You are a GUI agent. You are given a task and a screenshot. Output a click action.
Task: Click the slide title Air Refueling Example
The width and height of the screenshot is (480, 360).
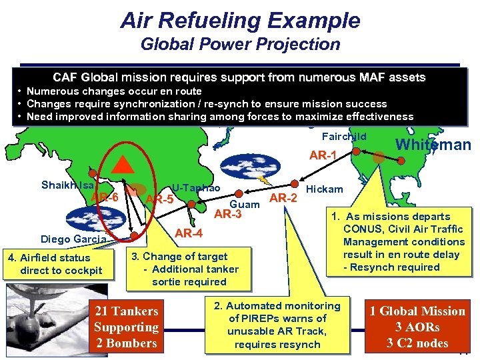tap(240, 20)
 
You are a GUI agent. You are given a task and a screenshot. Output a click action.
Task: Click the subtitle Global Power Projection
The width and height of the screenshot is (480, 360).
tap(240, 45)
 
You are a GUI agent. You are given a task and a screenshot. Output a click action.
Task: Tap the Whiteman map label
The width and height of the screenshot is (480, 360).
tap(433, 145)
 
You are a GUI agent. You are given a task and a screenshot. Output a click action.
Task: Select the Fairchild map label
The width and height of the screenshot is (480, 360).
tap(344, 136)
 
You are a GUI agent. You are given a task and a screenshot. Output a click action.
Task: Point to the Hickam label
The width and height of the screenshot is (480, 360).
tap(324, 189)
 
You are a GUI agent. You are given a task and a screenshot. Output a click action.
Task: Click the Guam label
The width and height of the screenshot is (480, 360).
tap(244, 204)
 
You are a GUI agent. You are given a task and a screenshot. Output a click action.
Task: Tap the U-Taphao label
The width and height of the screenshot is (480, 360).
tap(196, 188)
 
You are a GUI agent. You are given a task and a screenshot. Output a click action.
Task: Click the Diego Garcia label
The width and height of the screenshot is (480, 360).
tap(73, 240)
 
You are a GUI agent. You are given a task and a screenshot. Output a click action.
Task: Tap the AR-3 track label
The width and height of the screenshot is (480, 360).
tap(227, 215)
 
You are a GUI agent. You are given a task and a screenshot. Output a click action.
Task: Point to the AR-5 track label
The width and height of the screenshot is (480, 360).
tap(159, 199)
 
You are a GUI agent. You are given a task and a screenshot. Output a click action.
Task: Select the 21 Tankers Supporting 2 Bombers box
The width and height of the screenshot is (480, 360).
tap(126, 327)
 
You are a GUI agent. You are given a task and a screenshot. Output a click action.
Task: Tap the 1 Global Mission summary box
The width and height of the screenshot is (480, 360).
tap(417, 327)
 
